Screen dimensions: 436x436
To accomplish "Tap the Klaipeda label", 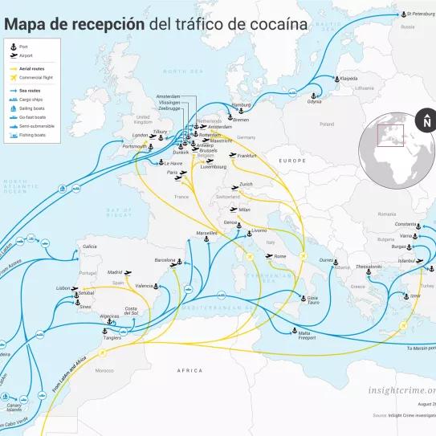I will pos(348,79).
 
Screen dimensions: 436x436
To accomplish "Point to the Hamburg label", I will pos(240,105).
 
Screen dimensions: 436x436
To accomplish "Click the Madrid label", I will pos(115,272).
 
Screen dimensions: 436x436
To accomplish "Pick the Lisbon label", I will pos(65,287).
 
